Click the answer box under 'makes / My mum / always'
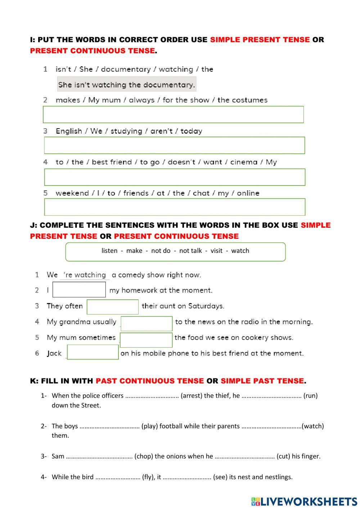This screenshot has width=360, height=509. [x=173, y=115]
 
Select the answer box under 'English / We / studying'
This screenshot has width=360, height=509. [x=174, y=145]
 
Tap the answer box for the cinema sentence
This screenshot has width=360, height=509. [x=175, y=177]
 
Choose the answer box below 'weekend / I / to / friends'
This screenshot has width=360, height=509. [x=175, y=207]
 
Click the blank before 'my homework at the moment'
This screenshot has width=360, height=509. [x=79, y=290]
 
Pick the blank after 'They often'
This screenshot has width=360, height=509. [x=113, y=307]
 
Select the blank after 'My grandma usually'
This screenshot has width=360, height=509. [x=147, y=323]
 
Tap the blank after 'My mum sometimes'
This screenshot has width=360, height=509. [x=146, y=340]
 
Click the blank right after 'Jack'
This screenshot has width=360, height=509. [x=93, y=352]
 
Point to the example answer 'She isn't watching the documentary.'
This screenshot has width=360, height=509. [x=127, y=85]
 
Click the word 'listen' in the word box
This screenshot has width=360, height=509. [x=109, y=251]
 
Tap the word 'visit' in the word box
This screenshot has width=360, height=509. [x=216, y=251]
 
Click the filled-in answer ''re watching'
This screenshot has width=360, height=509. [x=85, y=275]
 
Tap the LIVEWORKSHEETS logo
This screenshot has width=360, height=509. [x=304, y=501]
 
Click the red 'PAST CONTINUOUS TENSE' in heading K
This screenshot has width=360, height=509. [x=150, y=381]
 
